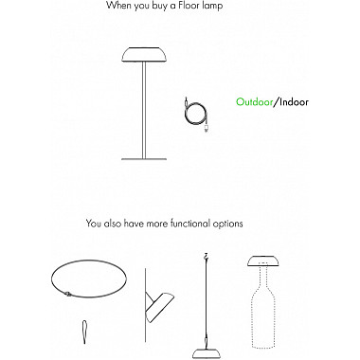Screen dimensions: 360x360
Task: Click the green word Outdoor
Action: coord(255,102)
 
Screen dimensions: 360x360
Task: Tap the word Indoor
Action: coord(294,102)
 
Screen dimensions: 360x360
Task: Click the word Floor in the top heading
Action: coord(193,6)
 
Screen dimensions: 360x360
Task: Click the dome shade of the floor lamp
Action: coord(144,54)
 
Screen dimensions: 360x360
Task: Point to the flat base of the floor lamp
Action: coord(144,159)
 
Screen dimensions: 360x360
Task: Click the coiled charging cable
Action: coord(196,115)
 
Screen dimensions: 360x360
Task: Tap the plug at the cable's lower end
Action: coord(206,128)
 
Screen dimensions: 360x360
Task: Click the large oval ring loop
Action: coord(89,261)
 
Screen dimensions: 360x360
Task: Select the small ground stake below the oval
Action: coord(85,332)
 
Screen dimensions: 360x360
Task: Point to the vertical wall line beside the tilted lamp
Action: coord(145,305)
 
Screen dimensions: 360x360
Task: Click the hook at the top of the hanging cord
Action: coord(207,256)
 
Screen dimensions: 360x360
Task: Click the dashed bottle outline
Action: coord(263,311)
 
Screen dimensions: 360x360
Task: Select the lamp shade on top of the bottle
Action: coord(262,261)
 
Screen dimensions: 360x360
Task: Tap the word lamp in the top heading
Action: coord(214,6)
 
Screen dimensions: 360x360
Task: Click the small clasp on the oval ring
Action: coord(68,295)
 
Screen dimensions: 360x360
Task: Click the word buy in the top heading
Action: coord(162,6)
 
